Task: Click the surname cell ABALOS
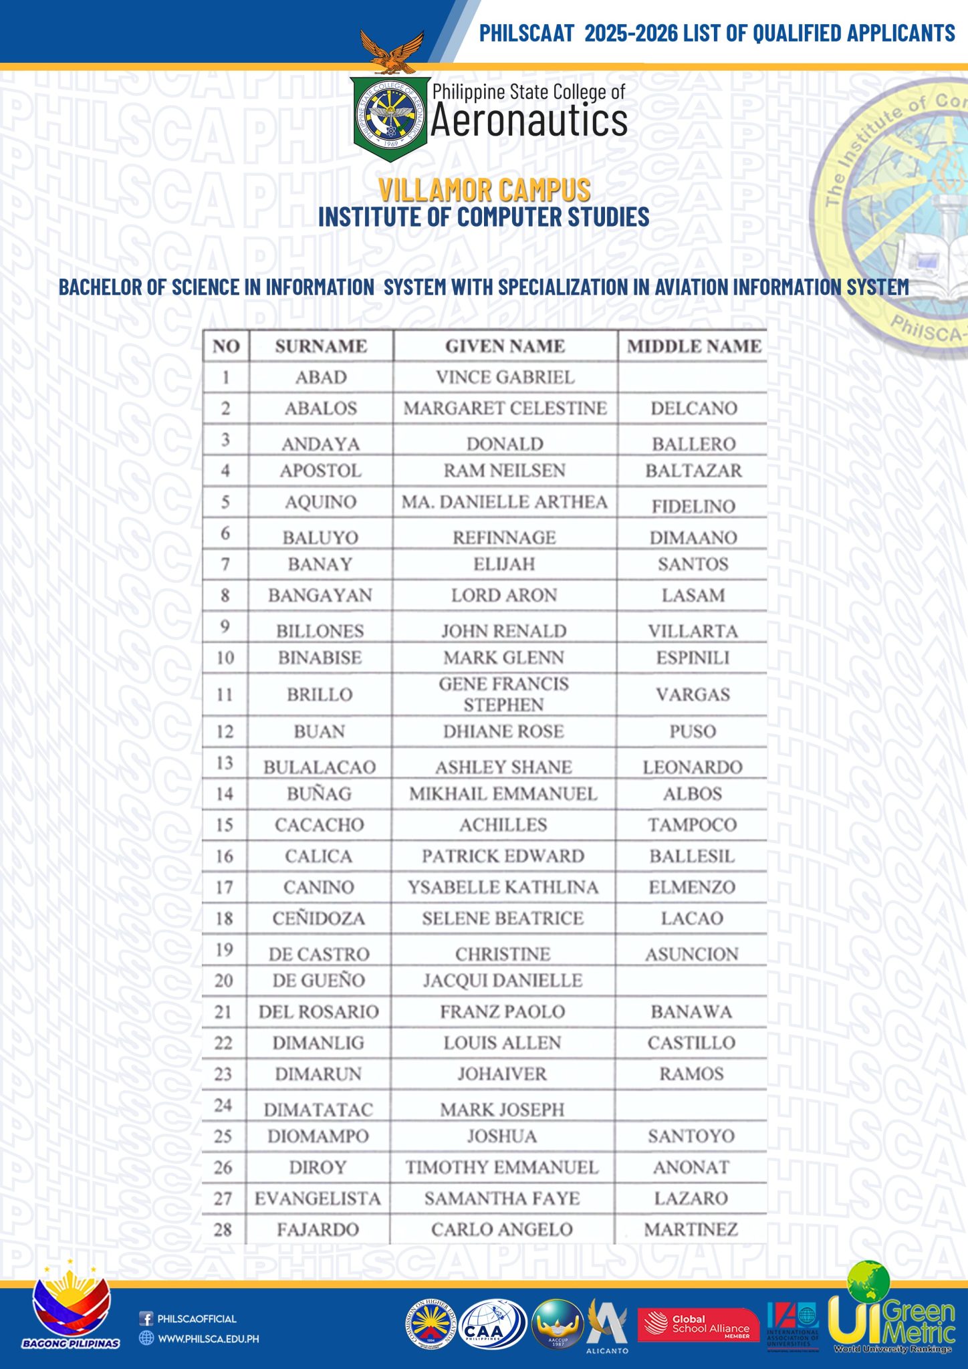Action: coord(321,408)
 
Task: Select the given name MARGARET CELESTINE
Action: coord(505,408)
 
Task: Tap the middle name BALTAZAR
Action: coord(693,471)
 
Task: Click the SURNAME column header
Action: coord(321,346)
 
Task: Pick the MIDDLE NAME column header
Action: coord(693,346)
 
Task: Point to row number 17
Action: coord(225,887)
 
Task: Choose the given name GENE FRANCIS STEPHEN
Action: coord(503,694)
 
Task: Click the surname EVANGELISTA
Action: coord(318,1199)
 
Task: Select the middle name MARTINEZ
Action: coord(691,1229)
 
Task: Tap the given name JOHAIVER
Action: coord(502,1074)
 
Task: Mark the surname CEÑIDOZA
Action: coord(319,918)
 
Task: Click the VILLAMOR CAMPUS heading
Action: coord(484,190)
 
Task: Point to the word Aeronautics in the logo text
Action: coord(529,122)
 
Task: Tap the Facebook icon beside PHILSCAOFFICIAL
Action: coord(146,1319)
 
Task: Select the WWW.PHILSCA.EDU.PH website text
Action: coord(208,1339)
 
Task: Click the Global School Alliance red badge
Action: coord(693,1324)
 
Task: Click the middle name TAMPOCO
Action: coord(692,825)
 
